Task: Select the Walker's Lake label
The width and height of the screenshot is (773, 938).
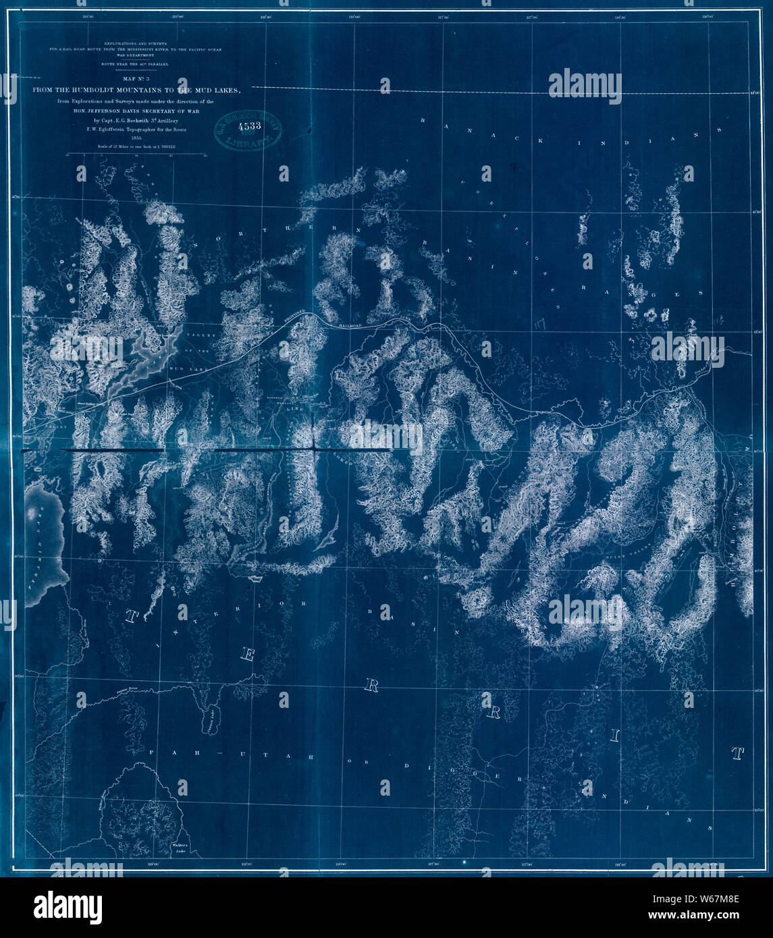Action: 182,848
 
